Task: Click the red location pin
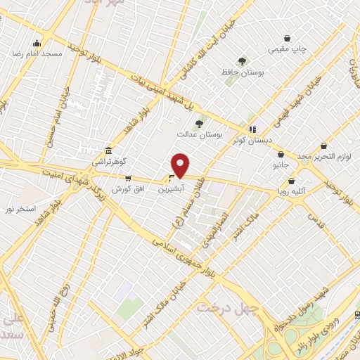[181, 165]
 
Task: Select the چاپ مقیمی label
[288, 49]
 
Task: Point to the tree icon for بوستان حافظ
[243, 61]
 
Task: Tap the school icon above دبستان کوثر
[252, 129]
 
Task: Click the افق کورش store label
[128, 189]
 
